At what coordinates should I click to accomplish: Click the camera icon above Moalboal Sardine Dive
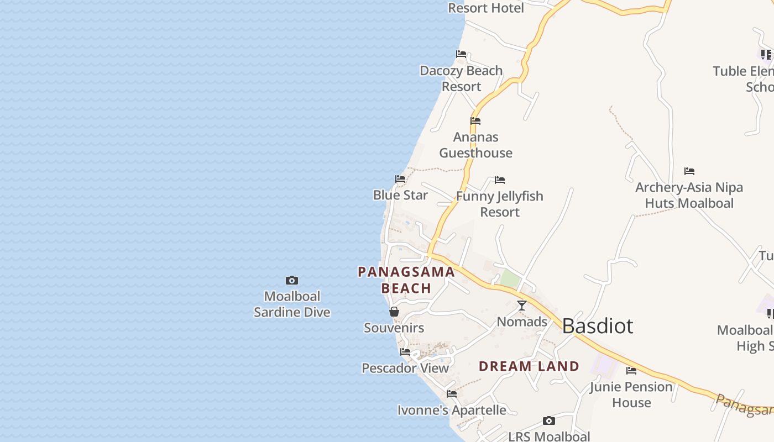[x=291, y=281]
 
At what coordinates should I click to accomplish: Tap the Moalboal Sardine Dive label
[x=292, y=304]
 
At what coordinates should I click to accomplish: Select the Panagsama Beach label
[x=406, y=280]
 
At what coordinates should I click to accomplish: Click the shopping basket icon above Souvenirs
[x=394, y=312]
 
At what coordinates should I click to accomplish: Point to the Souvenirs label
[x=394, y=328]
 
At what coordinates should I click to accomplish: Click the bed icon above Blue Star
[x=400, y=179]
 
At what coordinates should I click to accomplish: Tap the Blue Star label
[x=400, y=195]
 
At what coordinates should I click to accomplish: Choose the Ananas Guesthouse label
[x=475, y=145]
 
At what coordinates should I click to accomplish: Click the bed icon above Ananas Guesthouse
[x=475, y=121]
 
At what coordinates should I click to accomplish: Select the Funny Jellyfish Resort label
[x=500, y=204]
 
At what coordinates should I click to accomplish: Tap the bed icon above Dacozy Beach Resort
[x=461, y=54]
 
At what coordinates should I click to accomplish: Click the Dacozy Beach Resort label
[x=461, y=78]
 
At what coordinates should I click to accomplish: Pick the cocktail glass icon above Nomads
[x=521, y=306]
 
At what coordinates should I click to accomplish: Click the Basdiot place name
[x=598, y=326]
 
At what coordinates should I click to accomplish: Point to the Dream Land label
[x=529, y=366]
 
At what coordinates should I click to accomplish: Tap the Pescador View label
[x=405, y=368]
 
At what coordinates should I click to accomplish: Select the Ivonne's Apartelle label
[x=452, y=410]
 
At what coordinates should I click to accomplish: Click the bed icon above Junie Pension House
[x=631, y=371]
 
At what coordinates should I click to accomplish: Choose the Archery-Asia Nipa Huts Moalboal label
[x=689, y=195]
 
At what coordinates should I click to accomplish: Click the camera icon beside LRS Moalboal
[x=548, y=421]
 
